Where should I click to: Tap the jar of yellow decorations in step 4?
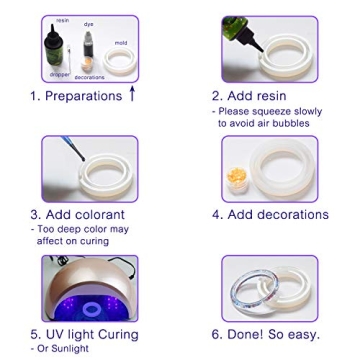(238, 177)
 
